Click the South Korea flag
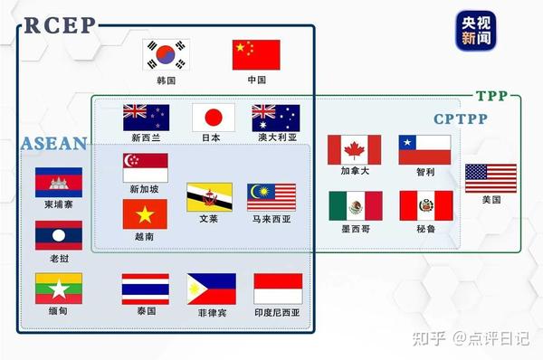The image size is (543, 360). [167, 55]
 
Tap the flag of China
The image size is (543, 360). [256, 55]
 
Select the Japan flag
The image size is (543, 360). [214, 117]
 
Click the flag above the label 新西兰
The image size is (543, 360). [146, 118]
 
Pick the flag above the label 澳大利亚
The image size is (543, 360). [275, 118]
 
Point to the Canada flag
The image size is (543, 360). [355, 149]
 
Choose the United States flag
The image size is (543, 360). [491, 178]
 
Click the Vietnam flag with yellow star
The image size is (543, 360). [145, 214]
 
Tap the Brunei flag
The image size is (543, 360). [209, 197]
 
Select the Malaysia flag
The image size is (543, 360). [271, 197]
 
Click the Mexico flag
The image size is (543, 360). [355, 206]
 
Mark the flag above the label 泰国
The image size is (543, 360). [146, 289]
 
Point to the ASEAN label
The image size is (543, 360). [53, 144]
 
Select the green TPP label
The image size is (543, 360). [492, 97]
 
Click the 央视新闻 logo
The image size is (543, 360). [469, 31]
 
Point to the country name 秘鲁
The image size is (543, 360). [425, 230]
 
